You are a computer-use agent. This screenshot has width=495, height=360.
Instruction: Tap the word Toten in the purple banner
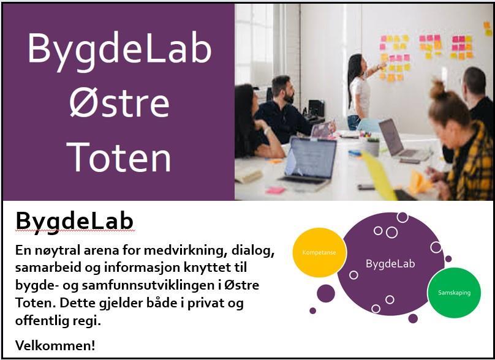[x=119, y=157]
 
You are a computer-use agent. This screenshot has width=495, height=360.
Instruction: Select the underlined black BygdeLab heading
[x=75, y=222]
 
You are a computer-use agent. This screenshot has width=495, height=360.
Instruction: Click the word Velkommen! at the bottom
[x=55, y=345]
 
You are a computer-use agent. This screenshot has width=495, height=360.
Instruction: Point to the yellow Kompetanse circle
[x=319, y=252]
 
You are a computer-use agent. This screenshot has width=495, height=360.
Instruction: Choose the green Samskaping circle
[x=454, y=293]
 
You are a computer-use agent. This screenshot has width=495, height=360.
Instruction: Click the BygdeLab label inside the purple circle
[x=390, y=263]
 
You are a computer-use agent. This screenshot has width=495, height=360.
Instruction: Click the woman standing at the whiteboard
[x=360, y=91]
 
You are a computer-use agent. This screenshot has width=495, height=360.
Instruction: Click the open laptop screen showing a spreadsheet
[x=311, y=158]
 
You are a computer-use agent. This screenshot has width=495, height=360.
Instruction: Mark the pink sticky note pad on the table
[x=275, y=190]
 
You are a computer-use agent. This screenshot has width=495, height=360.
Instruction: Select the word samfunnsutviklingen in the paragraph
[x=148, y=285]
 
